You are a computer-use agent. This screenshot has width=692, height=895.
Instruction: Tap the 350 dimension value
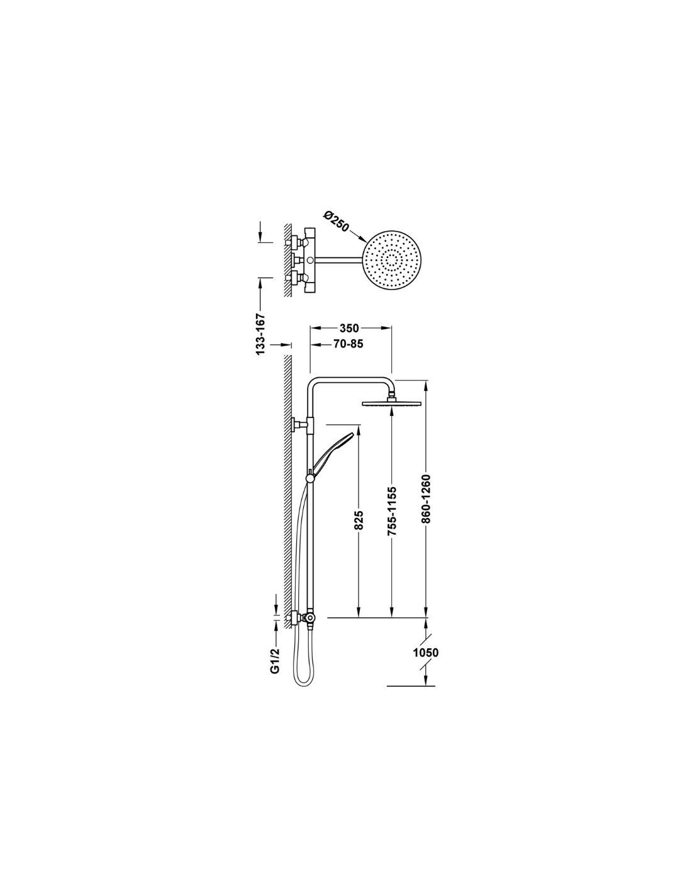click(349, 328)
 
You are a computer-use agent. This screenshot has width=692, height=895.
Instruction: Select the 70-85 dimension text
click(349, 344)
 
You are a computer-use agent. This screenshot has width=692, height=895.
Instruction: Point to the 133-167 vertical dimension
click(260, 334)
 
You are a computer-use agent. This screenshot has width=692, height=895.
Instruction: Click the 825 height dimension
click(359, 521)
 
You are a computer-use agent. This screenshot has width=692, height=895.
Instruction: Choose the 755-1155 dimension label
click(392, 511)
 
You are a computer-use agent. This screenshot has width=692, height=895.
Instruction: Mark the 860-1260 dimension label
click(426, 498)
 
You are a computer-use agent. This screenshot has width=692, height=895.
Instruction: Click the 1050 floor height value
click(426, 653)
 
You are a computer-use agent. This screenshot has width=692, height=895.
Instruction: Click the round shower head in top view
click(393, 260)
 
